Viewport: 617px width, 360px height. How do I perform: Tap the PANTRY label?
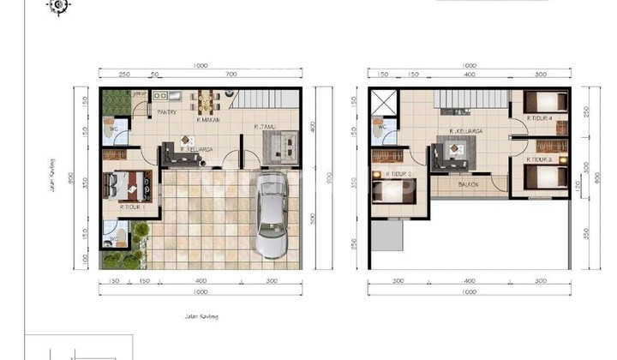tap(166, 111)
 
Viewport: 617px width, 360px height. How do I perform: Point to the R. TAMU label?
tap(265, 127)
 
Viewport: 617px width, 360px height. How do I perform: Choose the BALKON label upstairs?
tap(468, 184)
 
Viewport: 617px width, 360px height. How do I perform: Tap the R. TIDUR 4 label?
tap(540, 117)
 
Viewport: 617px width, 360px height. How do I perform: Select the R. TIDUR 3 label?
tap(540, 159)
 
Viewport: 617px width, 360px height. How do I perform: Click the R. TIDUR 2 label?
tap(399, 173)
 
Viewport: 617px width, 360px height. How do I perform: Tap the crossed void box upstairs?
tap(382, 103)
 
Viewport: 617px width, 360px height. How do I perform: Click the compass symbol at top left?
tap(59, 5)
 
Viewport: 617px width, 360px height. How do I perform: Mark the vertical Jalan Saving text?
tap(52, 177)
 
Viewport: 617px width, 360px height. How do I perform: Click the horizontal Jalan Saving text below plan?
tap(201, 316)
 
